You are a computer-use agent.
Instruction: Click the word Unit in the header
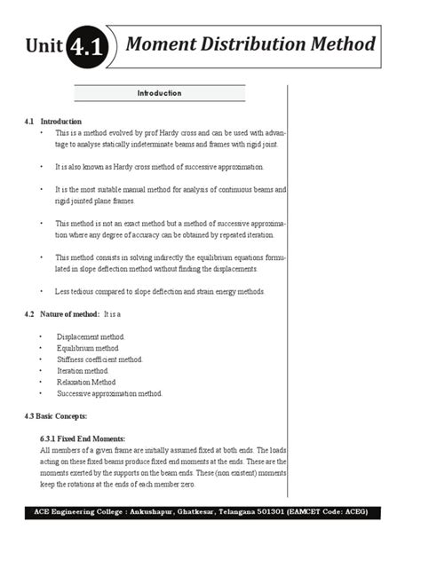(x=44, y=47)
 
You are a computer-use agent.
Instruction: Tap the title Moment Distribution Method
(x=250, y=43)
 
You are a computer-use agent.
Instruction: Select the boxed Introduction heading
(x=159, y=93)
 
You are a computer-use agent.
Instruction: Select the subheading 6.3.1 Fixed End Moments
(x=83, y=439)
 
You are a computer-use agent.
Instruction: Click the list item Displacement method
(x=91, y=337)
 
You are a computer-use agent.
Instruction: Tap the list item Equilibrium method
(x=87, y=349)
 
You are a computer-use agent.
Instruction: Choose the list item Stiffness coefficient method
(x=99, y=360)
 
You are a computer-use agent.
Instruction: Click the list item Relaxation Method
(x=86, y=382)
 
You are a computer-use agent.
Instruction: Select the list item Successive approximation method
(x=109, y=393)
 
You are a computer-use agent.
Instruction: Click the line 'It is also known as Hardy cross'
(x=159, y=167)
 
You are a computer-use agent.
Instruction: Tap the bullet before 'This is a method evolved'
(x=42, y=132)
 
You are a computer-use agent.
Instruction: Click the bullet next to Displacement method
(x=42, y=337)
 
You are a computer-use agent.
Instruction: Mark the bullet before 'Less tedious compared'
(x=42, y=291)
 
